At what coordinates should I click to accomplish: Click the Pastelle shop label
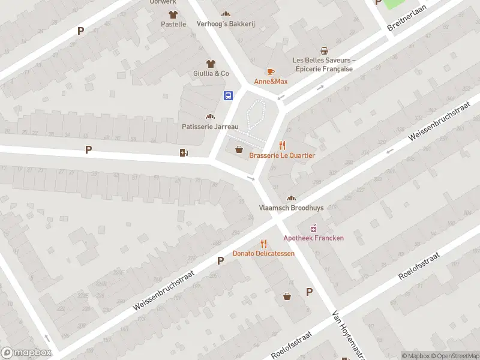tap(173, 24)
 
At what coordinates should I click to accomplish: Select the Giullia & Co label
tap(211, 73)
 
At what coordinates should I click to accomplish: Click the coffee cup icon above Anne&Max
tap(271, 71)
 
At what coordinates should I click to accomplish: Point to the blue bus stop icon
tap(229, 95)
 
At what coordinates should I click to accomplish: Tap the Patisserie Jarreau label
tap(210, 127)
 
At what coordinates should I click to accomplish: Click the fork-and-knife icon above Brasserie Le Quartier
tap(283, 145)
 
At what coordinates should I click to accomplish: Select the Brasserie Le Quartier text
tap(282, 155)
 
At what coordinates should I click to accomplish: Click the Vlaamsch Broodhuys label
tap(291, 208)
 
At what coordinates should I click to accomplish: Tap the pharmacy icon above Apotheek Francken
tap(313, 228)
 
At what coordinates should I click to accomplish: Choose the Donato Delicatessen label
tap(263, 253)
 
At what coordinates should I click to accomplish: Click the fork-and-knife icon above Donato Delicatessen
tap(263, 243)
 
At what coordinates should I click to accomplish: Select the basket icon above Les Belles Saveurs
tap(324, 50)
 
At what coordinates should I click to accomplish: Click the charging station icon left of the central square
tap(183, 152)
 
